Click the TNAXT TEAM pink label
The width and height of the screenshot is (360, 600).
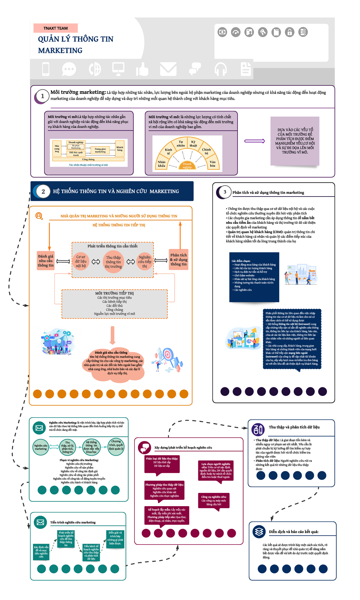coord(55,28)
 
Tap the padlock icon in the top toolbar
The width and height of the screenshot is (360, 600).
coord(289,32)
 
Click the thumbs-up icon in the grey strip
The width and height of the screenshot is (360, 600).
coord(142,69)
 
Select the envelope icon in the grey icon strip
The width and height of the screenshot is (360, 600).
coord(168,69)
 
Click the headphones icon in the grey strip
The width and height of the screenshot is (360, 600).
coord(220,69)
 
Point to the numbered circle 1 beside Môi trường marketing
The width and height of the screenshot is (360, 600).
coord(42,96)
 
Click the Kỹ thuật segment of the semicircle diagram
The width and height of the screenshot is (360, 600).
coord(193,144)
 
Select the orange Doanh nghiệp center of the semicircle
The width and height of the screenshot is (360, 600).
coord(187,165)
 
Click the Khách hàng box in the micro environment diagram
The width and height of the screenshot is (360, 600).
coord(120,148)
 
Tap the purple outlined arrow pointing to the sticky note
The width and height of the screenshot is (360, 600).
coord(254,141)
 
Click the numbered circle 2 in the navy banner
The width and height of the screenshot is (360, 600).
coord(43,191)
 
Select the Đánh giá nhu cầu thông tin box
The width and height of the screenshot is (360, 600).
coord(46,261)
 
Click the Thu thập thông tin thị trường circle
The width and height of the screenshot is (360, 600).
coord(113,262)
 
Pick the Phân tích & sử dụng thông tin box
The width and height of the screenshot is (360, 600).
coord(178,259)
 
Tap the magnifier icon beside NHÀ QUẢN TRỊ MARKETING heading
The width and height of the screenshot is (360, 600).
coord(39,216)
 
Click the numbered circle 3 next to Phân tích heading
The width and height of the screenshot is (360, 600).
coord(224,192)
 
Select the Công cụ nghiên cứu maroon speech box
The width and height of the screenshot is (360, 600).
coord(214,500)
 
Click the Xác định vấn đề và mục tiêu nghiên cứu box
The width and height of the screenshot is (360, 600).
coord(41,552)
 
